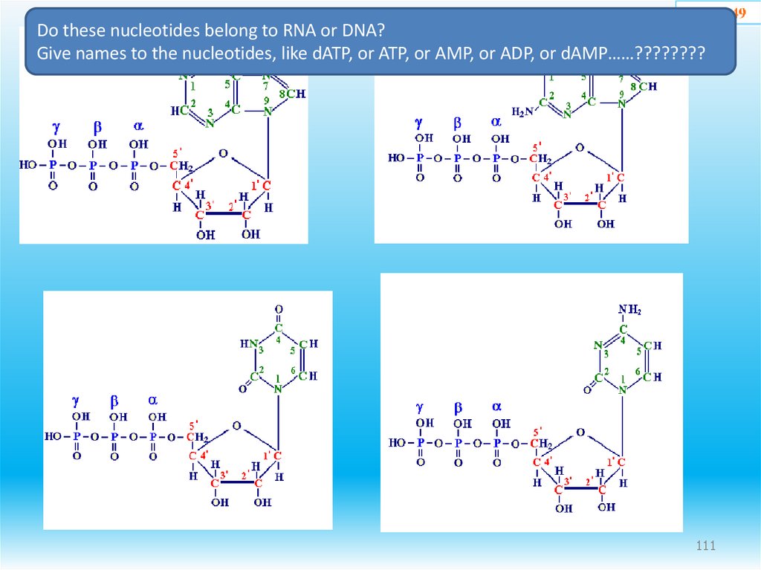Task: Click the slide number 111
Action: (705, 547)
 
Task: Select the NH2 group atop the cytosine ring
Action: (629, 310)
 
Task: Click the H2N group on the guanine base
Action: (523, 112)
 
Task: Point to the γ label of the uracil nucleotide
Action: (76, 401)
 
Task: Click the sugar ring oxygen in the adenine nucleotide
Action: (223, 154)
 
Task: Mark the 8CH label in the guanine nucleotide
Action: (644, 86)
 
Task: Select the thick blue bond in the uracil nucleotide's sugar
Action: (237, 483)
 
